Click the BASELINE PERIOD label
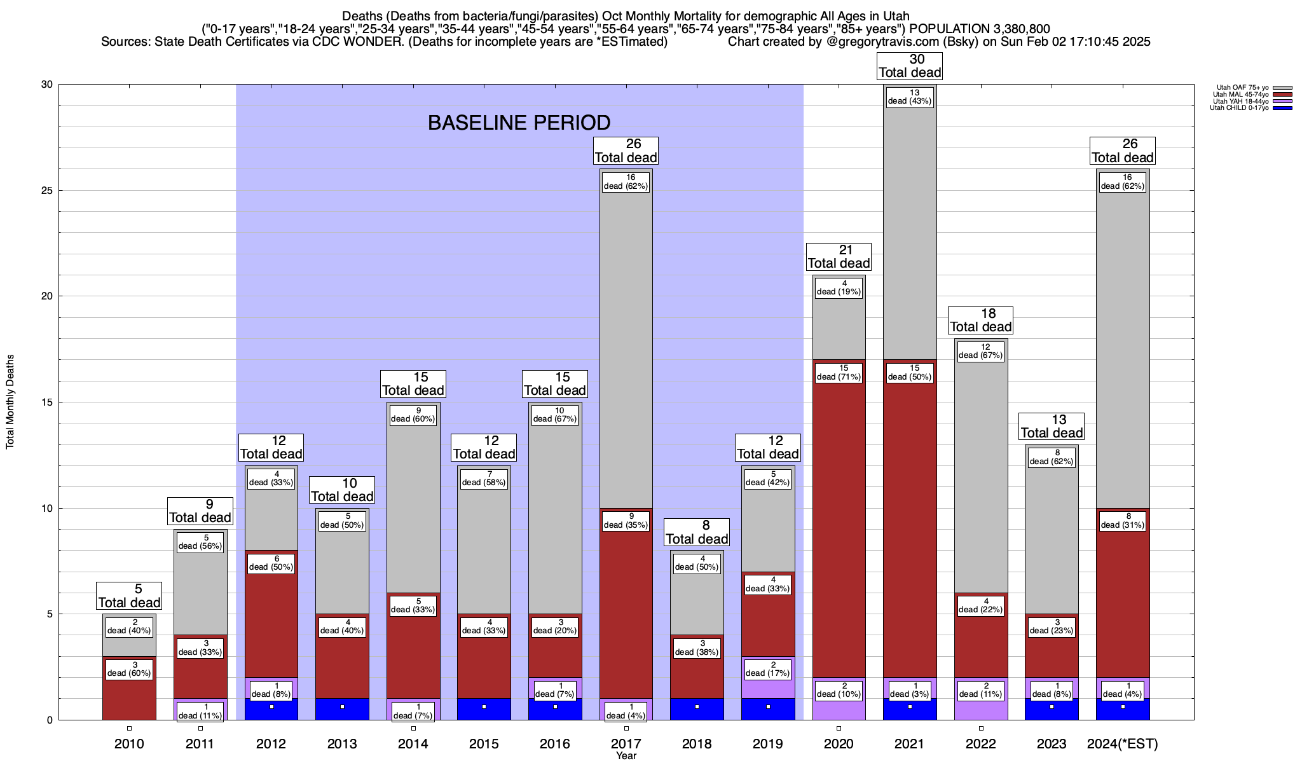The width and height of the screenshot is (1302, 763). (x=519, y=123)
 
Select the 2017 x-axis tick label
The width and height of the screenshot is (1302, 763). (x=626, y=744)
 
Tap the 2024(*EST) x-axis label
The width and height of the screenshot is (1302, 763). (x=1123, y=744)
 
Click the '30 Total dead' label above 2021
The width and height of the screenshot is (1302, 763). (x=910, y=66)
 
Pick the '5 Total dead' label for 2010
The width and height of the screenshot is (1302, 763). (x=129, y=596)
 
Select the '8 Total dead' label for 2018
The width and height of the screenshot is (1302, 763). (x=697, y=532)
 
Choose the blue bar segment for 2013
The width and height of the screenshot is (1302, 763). (x=342, y=709)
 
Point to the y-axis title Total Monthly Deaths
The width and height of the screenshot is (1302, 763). (x=10, y=402)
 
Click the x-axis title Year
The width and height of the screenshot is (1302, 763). (x=626, y=756)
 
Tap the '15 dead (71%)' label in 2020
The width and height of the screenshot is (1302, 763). (x=839, y=373)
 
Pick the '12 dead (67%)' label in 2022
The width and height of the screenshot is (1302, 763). (x=981, y=351)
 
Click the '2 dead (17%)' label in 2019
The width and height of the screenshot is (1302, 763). (x=768, y=668)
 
